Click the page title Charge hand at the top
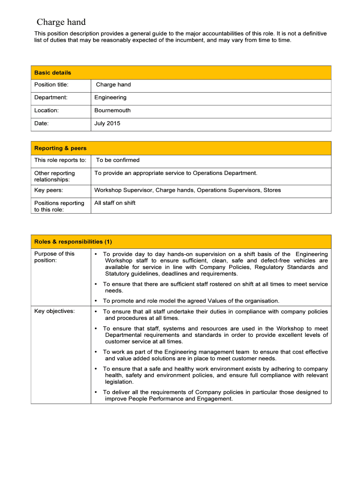[61, 22]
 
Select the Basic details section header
[52, 73]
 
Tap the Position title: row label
[51, 85]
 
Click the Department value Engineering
[110, 97]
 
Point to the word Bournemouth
[112, 110]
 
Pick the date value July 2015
[107, 123]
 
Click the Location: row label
[46, 110]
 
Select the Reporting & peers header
[60, 148]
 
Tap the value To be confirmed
[117, 160]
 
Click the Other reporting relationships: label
[54, 176]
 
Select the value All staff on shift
[115, 203]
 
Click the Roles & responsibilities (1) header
[73, 242]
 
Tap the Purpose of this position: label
[54, 257]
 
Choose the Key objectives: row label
[54, 311]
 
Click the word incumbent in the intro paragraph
[185, 40]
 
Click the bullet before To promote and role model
[95, 301]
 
